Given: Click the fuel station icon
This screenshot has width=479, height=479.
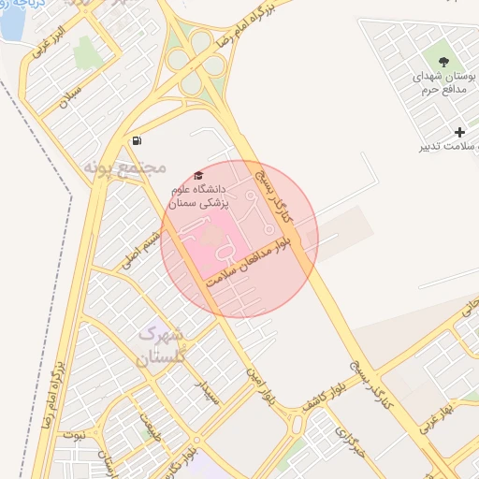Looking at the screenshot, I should click(138, 141).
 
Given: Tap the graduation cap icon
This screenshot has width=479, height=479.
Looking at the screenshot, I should click(196, 176).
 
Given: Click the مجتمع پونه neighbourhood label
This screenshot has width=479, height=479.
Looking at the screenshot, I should click(124, 167).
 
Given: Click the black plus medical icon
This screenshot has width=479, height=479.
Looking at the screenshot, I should click(459, 132).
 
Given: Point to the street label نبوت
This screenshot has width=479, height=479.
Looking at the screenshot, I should click(73, 435).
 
